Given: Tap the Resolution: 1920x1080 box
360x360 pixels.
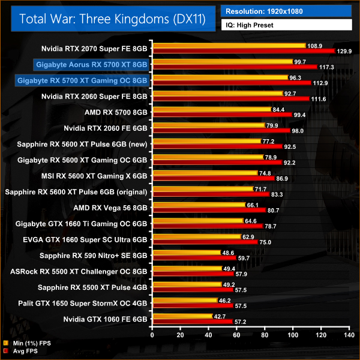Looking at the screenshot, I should (286, 11).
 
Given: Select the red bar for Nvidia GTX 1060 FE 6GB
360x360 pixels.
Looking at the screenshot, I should (193, 322).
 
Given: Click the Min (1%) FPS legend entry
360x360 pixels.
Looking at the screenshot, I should (29, 344).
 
